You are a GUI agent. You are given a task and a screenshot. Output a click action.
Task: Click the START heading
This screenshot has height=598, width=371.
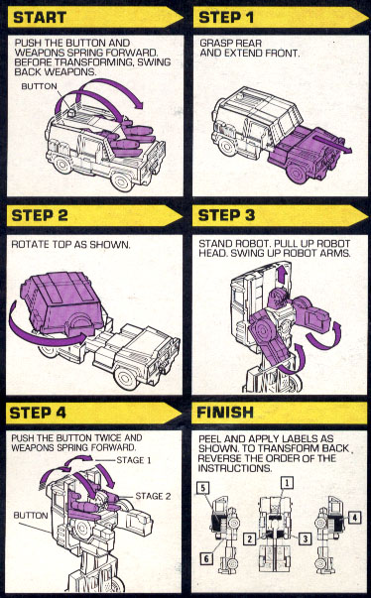point(40,18)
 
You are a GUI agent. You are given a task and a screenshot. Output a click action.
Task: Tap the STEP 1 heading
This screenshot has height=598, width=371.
point(226,18)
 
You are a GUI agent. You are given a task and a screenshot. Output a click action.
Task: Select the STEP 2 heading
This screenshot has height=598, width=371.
point(40,215)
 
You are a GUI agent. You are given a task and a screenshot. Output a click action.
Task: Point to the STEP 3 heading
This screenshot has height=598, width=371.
point(226,215)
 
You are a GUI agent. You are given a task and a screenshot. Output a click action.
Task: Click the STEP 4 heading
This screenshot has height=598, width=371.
point(38,413)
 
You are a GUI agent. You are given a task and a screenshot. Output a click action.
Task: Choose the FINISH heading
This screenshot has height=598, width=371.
point(225,413)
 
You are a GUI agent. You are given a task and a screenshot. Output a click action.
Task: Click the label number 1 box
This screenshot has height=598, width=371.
point(287,483)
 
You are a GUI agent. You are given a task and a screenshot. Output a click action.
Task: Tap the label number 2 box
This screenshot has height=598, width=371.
point(250,538)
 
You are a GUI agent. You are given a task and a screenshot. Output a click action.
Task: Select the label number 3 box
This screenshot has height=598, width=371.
point(305,538)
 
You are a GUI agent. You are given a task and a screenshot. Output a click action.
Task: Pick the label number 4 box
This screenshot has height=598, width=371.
point(354,518)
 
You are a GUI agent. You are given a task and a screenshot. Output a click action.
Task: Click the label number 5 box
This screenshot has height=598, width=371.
point(203,488)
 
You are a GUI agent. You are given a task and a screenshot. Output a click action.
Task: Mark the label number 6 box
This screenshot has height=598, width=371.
point(206,558)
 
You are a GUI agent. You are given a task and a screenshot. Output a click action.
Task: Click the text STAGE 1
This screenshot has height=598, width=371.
point(134,460)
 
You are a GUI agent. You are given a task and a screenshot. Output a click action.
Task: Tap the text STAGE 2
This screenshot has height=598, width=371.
point(153,496)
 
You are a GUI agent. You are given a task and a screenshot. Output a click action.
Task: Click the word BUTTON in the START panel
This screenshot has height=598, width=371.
point(39,86)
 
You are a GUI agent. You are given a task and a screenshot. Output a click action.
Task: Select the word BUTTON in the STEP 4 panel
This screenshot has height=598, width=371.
point(31,516)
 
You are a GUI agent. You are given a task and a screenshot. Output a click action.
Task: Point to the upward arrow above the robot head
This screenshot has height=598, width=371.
point(281,275)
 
